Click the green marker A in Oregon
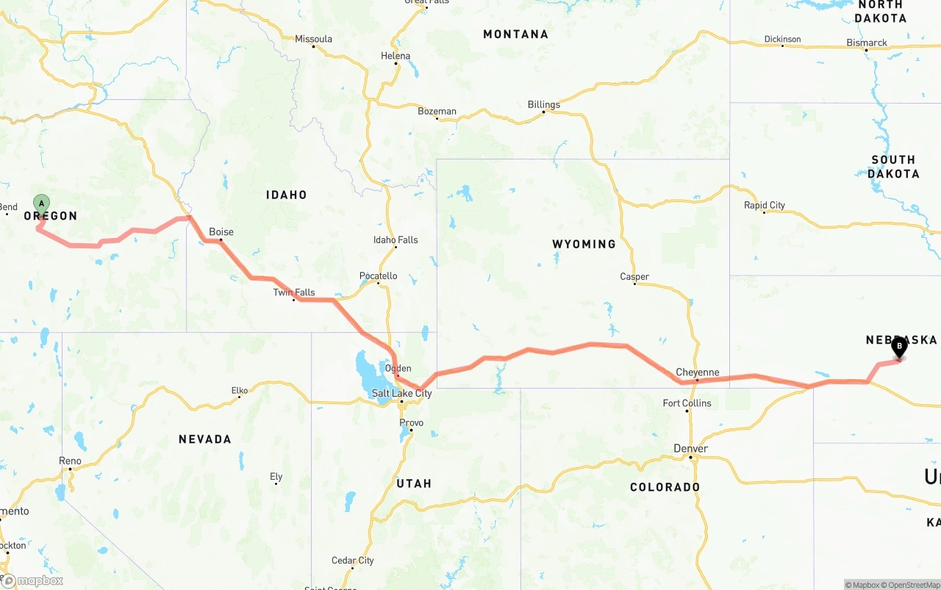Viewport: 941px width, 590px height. tap(42, 204)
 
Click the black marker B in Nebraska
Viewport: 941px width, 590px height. tap(898, 346)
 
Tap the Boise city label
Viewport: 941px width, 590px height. tap(221, 232)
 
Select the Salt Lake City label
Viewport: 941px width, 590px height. tap(401, 394)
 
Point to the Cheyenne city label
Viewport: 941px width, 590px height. tap(698, 373)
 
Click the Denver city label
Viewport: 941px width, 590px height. tap(691, 449)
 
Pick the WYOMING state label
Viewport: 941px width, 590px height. tap(584, 244)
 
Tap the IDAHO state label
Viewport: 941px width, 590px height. tap(287, 195)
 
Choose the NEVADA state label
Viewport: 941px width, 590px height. tap(205, 439)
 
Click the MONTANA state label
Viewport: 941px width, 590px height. tap(515, 35)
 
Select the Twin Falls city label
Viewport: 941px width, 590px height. tap(294, 292)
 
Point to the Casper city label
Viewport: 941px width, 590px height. tap(634, 277)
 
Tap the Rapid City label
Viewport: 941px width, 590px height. tap(765, 206)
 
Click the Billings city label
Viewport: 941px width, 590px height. tap(544, 105)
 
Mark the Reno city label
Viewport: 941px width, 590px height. tap(71, 461)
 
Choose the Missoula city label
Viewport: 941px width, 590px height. tap(314, 40)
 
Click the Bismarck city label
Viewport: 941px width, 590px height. tap(867, 43)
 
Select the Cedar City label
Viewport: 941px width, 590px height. tap(353, 561)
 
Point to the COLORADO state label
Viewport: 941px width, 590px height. tap(665, 487)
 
